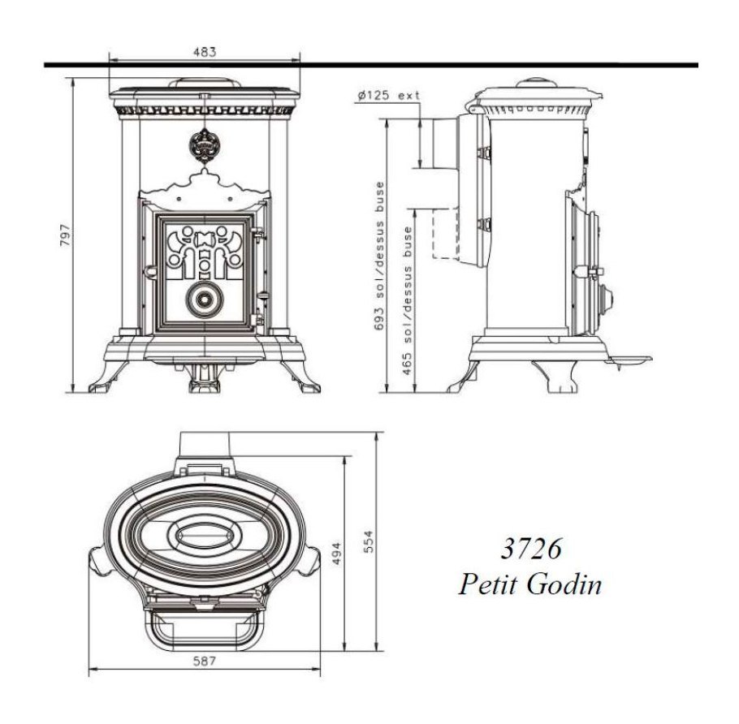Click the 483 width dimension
(205, 52)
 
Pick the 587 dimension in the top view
(205, 662)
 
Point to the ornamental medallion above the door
(203, 146)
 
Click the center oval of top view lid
(203, 536)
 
